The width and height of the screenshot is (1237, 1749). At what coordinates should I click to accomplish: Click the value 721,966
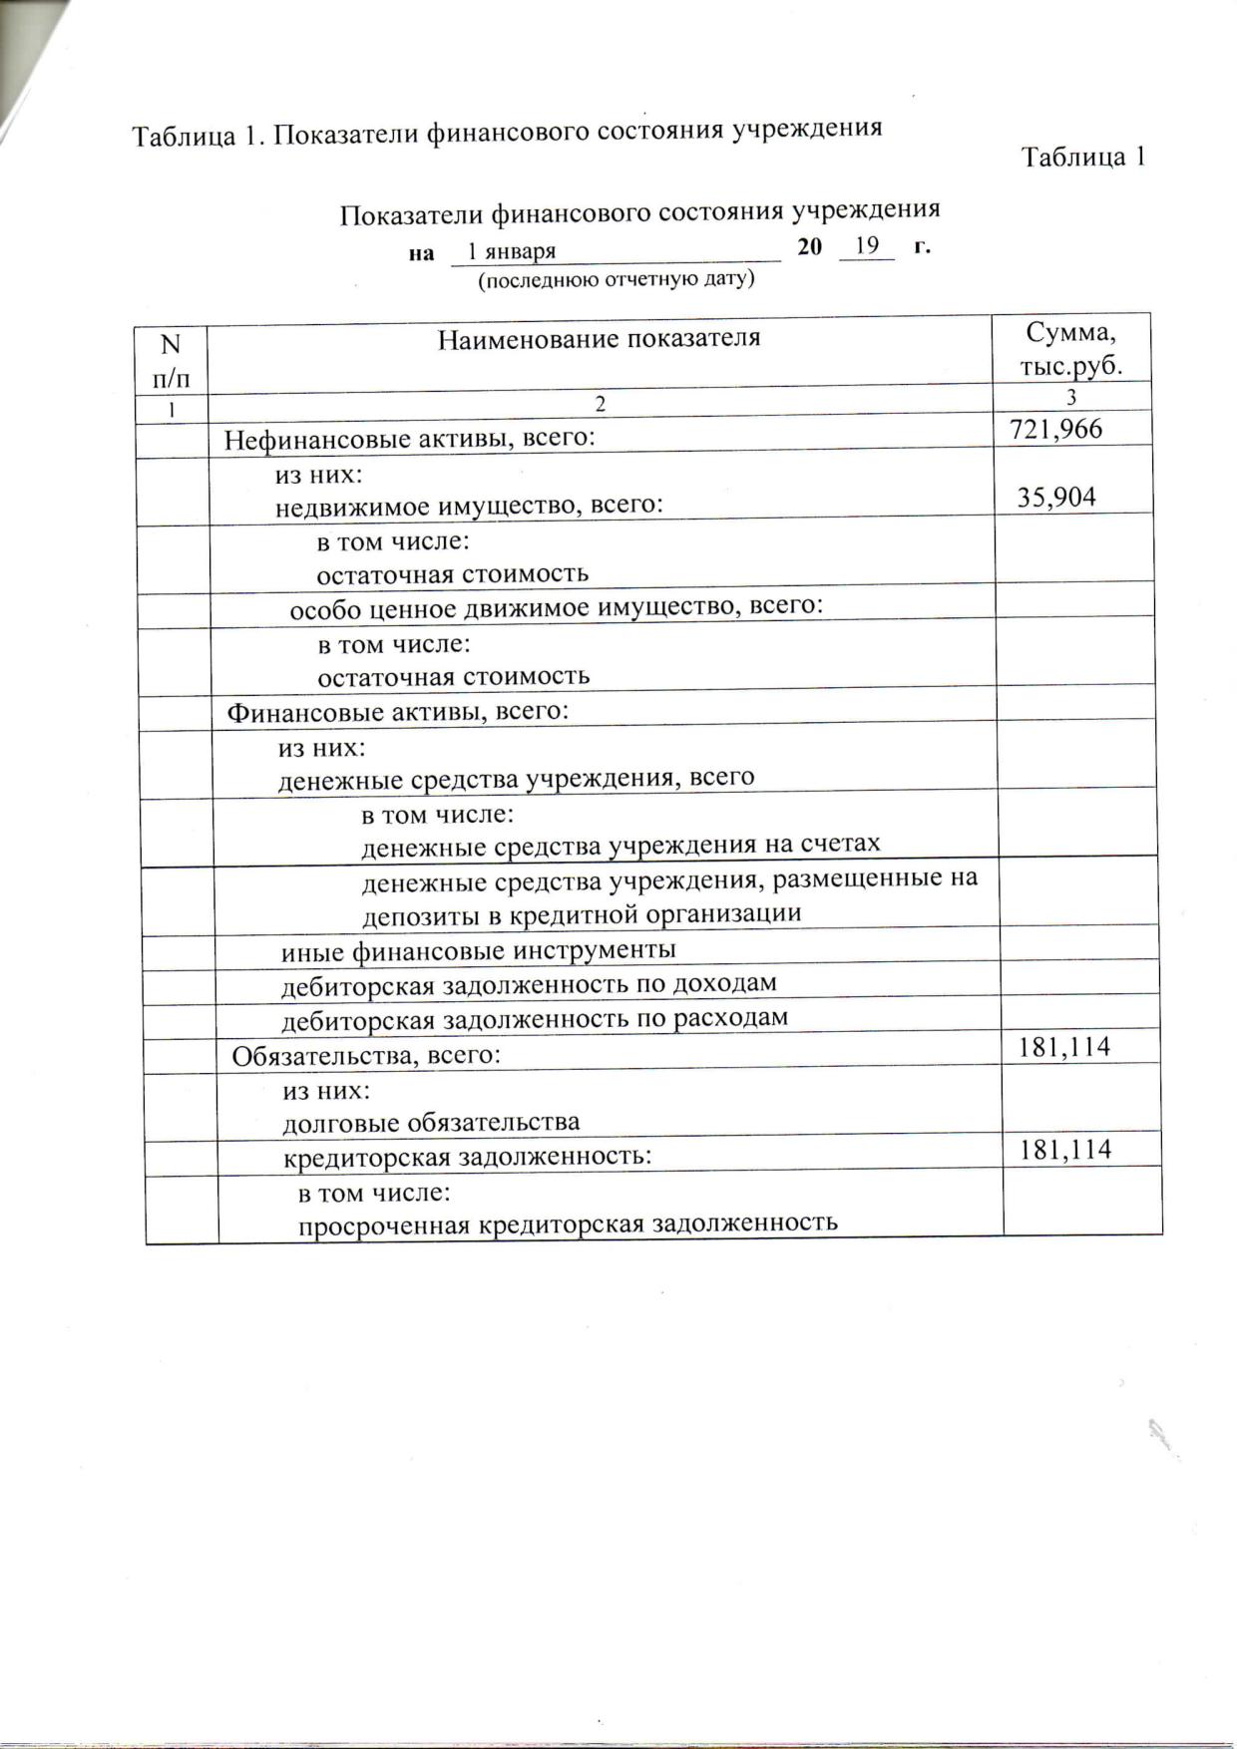1055,430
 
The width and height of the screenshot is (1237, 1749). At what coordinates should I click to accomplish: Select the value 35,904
1055,498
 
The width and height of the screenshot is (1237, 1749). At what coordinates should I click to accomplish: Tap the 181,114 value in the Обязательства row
1063,1047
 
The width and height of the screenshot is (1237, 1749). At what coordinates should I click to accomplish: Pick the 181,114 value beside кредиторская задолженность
1064,1150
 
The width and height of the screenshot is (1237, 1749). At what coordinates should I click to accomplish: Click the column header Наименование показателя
599,339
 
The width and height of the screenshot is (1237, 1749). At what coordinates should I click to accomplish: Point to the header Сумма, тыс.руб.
1070,349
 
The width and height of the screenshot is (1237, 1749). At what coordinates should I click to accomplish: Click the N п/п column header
171,360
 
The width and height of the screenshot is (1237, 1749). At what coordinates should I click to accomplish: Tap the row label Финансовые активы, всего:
398,712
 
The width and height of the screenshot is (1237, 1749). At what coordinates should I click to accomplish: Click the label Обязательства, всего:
366,1055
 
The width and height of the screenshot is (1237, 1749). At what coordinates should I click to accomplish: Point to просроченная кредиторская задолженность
568,1224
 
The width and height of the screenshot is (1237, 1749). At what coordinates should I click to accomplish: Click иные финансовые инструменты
478,950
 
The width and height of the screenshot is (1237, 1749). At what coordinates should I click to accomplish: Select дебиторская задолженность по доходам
529,985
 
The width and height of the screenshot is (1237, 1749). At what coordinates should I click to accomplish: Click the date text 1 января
512,251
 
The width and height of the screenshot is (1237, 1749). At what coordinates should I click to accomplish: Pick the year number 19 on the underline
866,245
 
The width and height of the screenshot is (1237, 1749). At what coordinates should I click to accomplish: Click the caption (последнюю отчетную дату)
616,280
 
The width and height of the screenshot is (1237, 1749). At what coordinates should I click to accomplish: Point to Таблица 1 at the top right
1082,158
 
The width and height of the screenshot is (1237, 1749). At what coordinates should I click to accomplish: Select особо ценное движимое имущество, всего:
556,607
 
